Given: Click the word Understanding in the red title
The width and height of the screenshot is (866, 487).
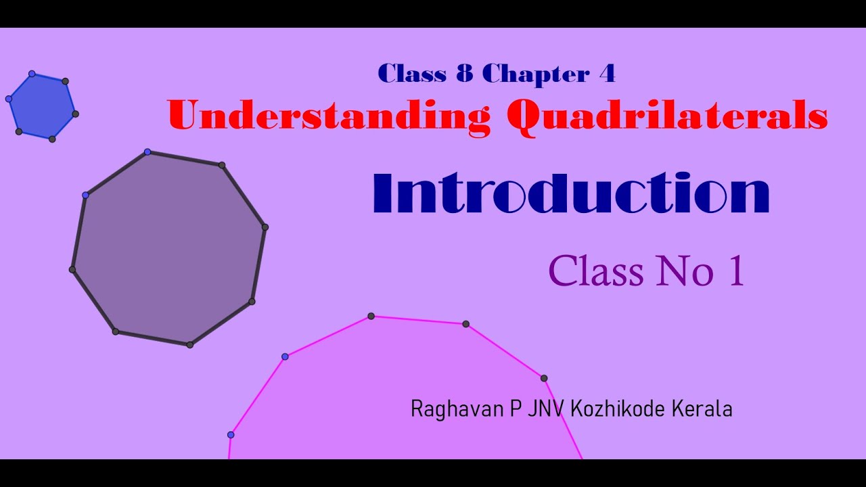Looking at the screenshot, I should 329,116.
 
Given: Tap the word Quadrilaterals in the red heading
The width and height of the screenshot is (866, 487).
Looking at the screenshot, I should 667,116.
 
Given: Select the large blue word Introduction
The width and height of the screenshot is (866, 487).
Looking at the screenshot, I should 571,194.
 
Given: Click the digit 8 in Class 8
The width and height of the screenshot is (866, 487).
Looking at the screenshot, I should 464,74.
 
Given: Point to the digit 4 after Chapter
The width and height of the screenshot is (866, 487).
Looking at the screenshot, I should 607,74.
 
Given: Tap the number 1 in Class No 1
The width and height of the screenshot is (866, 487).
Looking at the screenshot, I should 737,271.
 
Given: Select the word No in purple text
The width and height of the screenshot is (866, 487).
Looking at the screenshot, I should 684,271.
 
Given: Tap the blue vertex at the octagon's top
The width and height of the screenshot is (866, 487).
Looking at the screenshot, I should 147,152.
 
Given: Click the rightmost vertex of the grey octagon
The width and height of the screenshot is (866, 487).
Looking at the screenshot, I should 265,227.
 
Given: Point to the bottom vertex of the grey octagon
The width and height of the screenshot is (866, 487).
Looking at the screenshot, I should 190,345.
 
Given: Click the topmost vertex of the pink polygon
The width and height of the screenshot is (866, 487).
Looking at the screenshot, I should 371,316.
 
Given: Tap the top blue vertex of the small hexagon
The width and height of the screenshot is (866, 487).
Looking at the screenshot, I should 32,73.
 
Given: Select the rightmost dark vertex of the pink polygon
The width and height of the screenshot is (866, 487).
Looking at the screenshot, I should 544,378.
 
